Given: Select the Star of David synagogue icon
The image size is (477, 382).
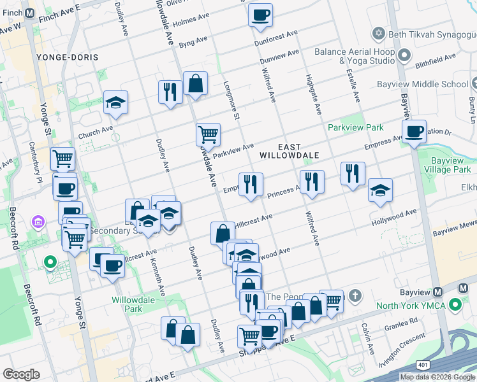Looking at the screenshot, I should [378, 32].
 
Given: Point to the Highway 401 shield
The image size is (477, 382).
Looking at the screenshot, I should [423, 364].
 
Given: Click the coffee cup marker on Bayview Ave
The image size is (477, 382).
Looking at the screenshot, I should [415, 132].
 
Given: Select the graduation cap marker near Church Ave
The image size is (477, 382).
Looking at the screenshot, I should [115, 102].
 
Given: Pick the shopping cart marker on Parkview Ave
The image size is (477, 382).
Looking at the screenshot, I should [208, 134].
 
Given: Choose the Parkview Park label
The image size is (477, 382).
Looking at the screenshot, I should [356, 128].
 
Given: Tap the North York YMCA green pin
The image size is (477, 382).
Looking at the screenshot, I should [455, 306].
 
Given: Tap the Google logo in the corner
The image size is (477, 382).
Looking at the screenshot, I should [22, 374].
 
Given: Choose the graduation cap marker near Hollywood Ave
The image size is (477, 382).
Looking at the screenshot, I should [380, 190].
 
